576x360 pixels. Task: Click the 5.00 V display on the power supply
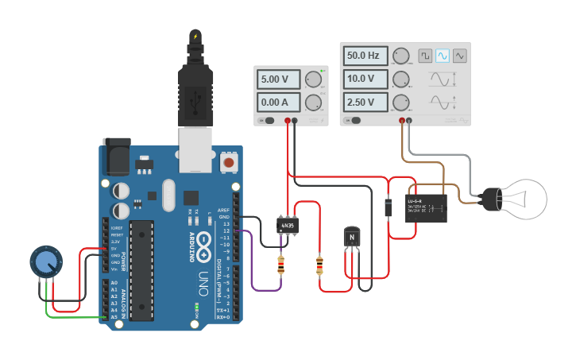coord(277,79)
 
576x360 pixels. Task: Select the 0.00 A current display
coord(277,102)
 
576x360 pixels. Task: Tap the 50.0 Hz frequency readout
coord(365,56)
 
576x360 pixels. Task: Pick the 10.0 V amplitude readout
coord(365,79)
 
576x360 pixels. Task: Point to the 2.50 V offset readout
coord(365,103)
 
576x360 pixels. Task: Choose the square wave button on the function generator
coord(425,56)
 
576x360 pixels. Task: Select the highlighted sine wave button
coord(442,56)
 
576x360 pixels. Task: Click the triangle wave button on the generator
coord(459,56)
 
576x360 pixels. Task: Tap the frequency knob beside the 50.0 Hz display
coord(401,56)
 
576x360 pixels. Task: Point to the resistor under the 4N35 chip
coord(280,265)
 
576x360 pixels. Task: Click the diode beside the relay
coord(387,207)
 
